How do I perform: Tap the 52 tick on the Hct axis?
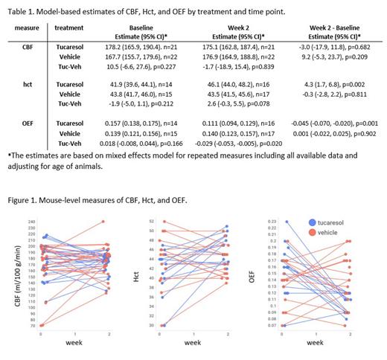152,222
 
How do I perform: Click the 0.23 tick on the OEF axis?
272,222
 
